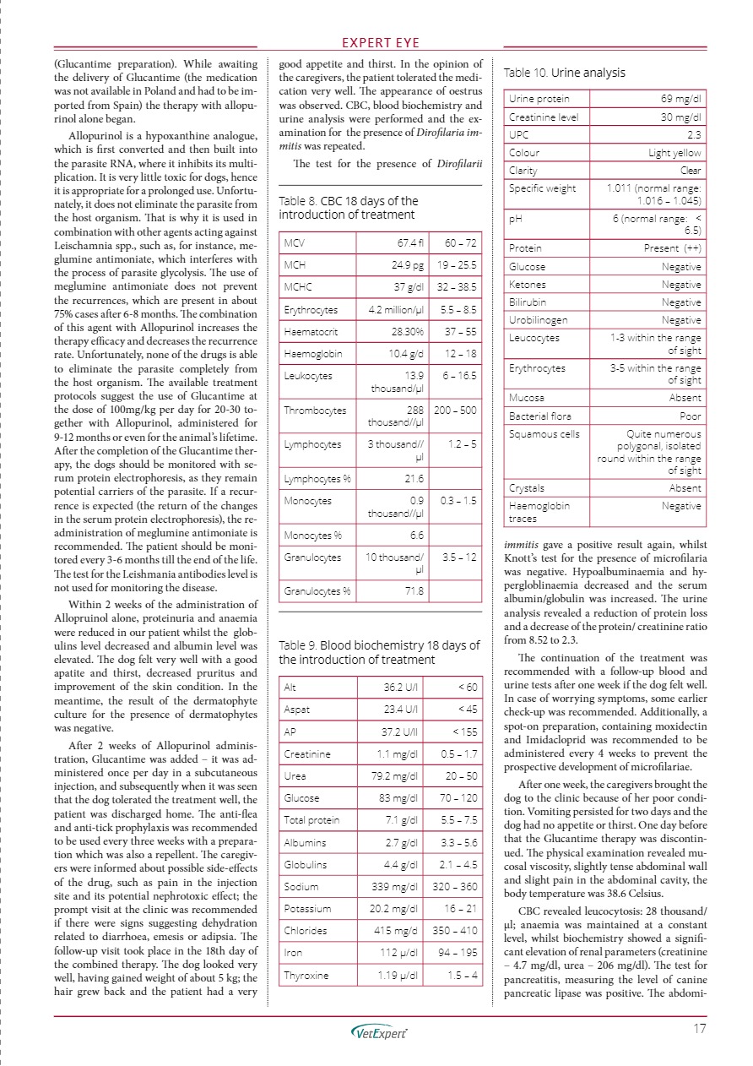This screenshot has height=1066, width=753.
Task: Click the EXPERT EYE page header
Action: coord(376,43)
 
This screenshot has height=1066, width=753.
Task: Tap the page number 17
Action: coord(698,1029)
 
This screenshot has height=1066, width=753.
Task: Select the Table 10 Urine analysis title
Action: coord(564,73)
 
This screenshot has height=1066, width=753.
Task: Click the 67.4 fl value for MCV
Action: coord(407,243)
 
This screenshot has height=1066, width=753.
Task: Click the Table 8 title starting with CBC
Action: coord(348,207)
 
